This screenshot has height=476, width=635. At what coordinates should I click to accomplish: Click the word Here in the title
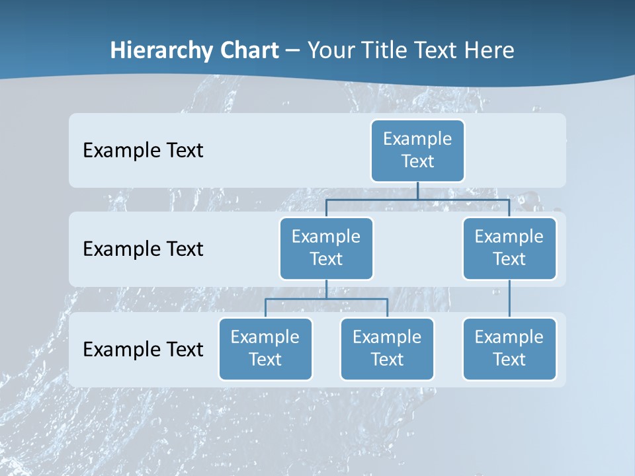(488, 50)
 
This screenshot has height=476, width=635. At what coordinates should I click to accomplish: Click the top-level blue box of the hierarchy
(417, 150)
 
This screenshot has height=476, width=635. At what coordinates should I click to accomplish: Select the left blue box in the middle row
(326, 248)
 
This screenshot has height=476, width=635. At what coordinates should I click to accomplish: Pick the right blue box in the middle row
(509, 248)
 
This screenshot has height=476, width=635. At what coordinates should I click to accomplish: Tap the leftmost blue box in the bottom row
(265, 348)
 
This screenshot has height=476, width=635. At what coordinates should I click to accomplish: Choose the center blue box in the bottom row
(387, 348)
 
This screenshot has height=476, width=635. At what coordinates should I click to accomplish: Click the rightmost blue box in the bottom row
(509, 348)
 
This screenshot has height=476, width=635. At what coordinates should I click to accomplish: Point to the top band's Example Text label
(143, 151)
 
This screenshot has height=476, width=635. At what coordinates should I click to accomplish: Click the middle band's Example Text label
(143, 249)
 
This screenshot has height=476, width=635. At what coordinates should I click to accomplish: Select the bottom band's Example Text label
(143, 349)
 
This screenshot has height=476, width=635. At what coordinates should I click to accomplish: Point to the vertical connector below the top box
(417, 190)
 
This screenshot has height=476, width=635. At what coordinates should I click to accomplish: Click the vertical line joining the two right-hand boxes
(509, 299)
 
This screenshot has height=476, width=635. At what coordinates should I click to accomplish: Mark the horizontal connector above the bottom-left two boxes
(326, 299)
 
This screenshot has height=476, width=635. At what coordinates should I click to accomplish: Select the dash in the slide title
(292, 51)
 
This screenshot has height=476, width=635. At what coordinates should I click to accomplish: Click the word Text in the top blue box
(417, 161)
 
